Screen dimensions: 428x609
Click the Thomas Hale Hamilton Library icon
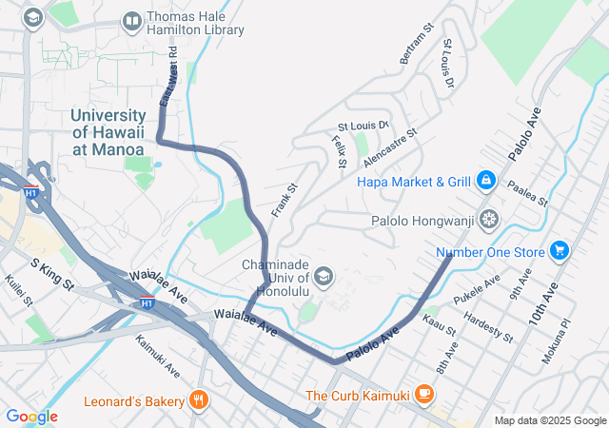[132, 20]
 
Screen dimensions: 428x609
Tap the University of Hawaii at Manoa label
[108, 132]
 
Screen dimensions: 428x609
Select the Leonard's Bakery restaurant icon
[198, 400]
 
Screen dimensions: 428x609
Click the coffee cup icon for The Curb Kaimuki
[424, 394]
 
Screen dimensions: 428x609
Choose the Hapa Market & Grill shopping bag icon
[485, 180]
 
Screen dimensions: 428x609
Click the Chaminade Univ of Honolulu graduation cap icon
[323, 277]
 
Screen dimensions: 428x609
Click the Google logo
[31, 417]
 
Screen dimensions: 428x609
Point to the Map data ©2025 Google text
[549, 420]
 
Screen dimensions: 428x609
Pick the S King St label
[52, 275]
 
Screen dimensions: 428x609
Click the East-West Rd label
[167, 78]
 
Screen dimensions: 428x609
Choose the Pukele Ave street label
[477, 291]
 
